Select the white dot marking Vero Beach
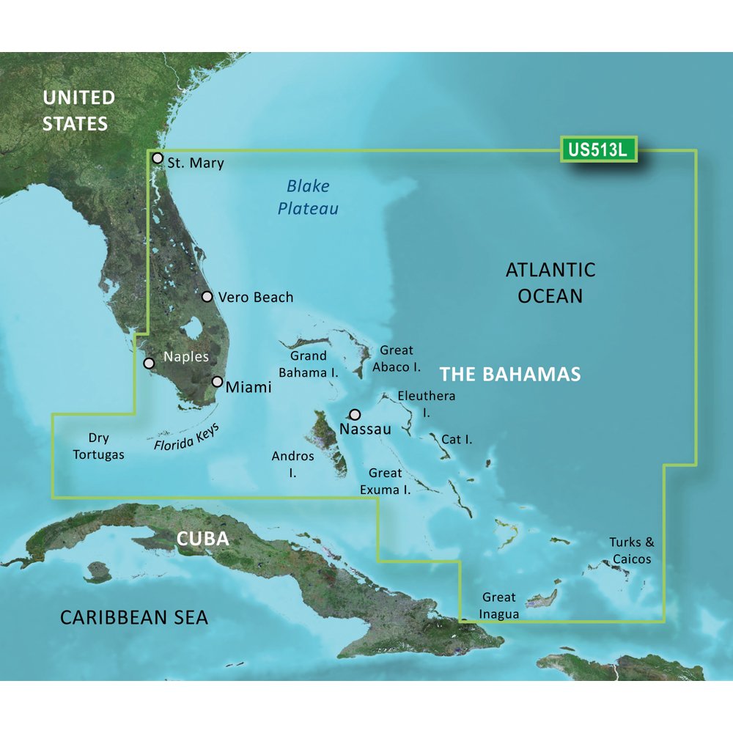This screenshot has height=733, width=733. (x=207, y=297)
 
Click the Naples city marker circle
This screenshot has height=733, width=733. (x=149, y=363)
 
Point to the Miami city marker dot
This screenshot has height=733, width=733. (x=217, y=381)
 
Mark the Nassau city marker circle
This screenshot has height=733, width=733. (x=356, y=414)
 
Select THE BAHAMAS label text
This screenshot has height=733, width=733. (x=510, y=375)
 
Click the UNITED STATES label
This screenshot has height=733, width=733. (x=78, y=110)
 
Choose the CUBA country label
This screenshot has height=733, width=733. (x=203, y=539)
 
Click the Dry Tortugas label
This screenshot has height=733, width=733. (x=99, y=446)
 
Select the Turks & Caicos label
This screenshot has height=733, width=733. (x=631, y=550)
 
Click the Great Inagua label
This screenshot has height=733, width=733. (x=499, y=605)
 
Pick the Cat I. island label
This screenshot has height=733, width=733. (x=457, y=440)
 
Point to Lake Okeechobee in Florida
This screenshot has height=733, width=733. (x=195, y=328)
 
